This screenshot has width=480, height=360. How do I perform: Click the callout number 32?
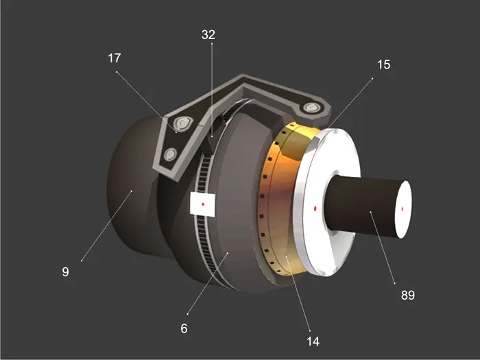(208, 34)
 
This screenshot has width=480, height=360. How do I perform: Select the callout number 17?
(115, 58)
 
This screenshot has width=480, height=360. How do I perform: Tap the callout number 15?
(383, 64)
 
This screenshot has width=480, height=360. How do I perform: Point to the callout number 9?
(65, 272)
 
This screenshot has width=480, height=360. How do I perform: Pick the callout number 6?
(184, 328)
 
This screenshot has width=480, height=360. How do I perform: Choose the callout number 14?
(313, 341)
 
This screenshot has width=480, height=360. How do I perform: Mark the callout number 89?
(408, 295)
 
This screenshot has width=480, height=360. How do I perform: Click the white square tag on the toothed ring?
(202, 204)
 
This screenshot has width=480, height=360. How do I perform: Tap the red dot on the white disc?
(315, 208)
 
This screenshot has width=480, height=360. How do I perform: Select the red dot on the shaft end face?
(403, 209)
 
